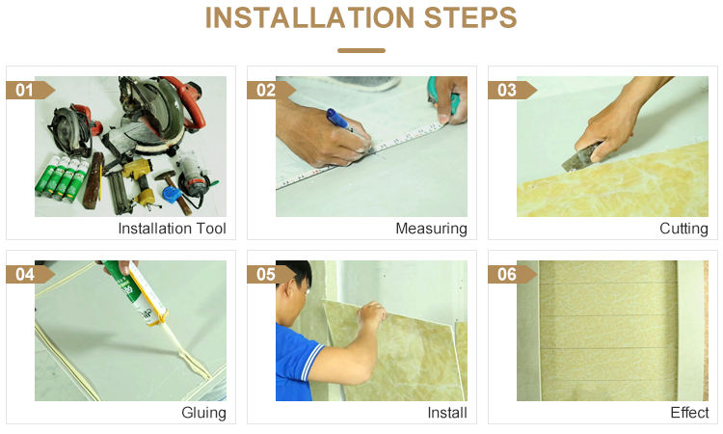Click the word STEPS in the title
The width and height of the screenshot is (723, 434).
click(470, 17)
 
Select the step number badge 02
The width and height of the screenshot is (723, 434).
click(271, 90)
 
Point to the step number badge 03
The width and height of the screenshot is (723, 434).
click(512, 90)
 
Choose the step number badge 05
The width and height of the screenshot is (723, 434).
click(271, 275)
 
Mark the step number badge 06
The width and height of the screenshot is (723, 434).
click(512, 275)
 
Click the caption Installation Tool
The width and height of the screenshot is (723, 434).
click(172, 229)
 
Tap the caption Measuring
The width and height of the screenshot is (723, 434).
click(431, 229)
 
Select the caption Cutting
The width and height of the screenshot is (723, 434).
click(683, 229)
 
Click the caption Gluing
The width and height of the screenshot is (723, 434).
click(203, 413)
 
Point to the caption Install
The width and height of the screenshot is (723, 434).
click(446, 413)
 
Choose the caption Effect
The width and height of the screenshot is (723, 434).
click(689, 413)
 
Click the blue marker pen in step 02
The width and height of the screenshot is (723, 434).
click(341, 121)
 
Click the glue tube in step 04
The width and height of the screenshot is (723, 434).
click(135, 293)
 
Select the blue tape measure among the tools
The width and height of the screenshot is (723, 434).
click(171, 194)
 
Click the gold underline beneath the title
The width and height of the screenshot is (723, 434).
click(361, 50)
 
